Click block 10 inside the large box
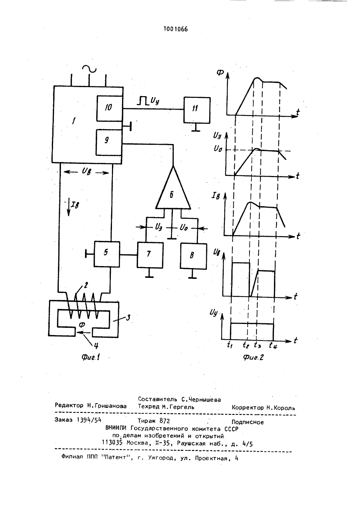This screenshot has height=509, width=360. click(x=109, y=108)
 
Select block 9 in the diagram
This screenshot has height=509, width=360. click(x=109, y=143)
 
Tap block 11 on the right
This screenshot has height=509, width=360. click(x=197, y=110)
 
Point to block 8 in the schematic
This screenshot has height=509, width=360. click(x=194, y=256)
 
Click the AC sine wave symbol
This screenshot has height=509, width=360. click(x=89, y=69)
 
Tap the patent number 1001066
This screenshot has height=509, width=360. click(x=176, y=29)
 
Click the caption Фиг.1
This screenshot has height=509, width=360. click(x=91, y=357)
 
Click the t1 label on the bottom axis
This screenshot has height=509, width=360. click(x=230, y=345)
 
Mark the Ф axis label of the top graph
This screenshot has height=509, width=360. click(x=220, y=73)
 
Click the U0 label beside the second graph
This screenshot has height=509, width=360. click(x=218, y=149)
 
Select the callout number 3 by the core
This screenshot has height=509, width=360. click(x=128, y=317)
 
